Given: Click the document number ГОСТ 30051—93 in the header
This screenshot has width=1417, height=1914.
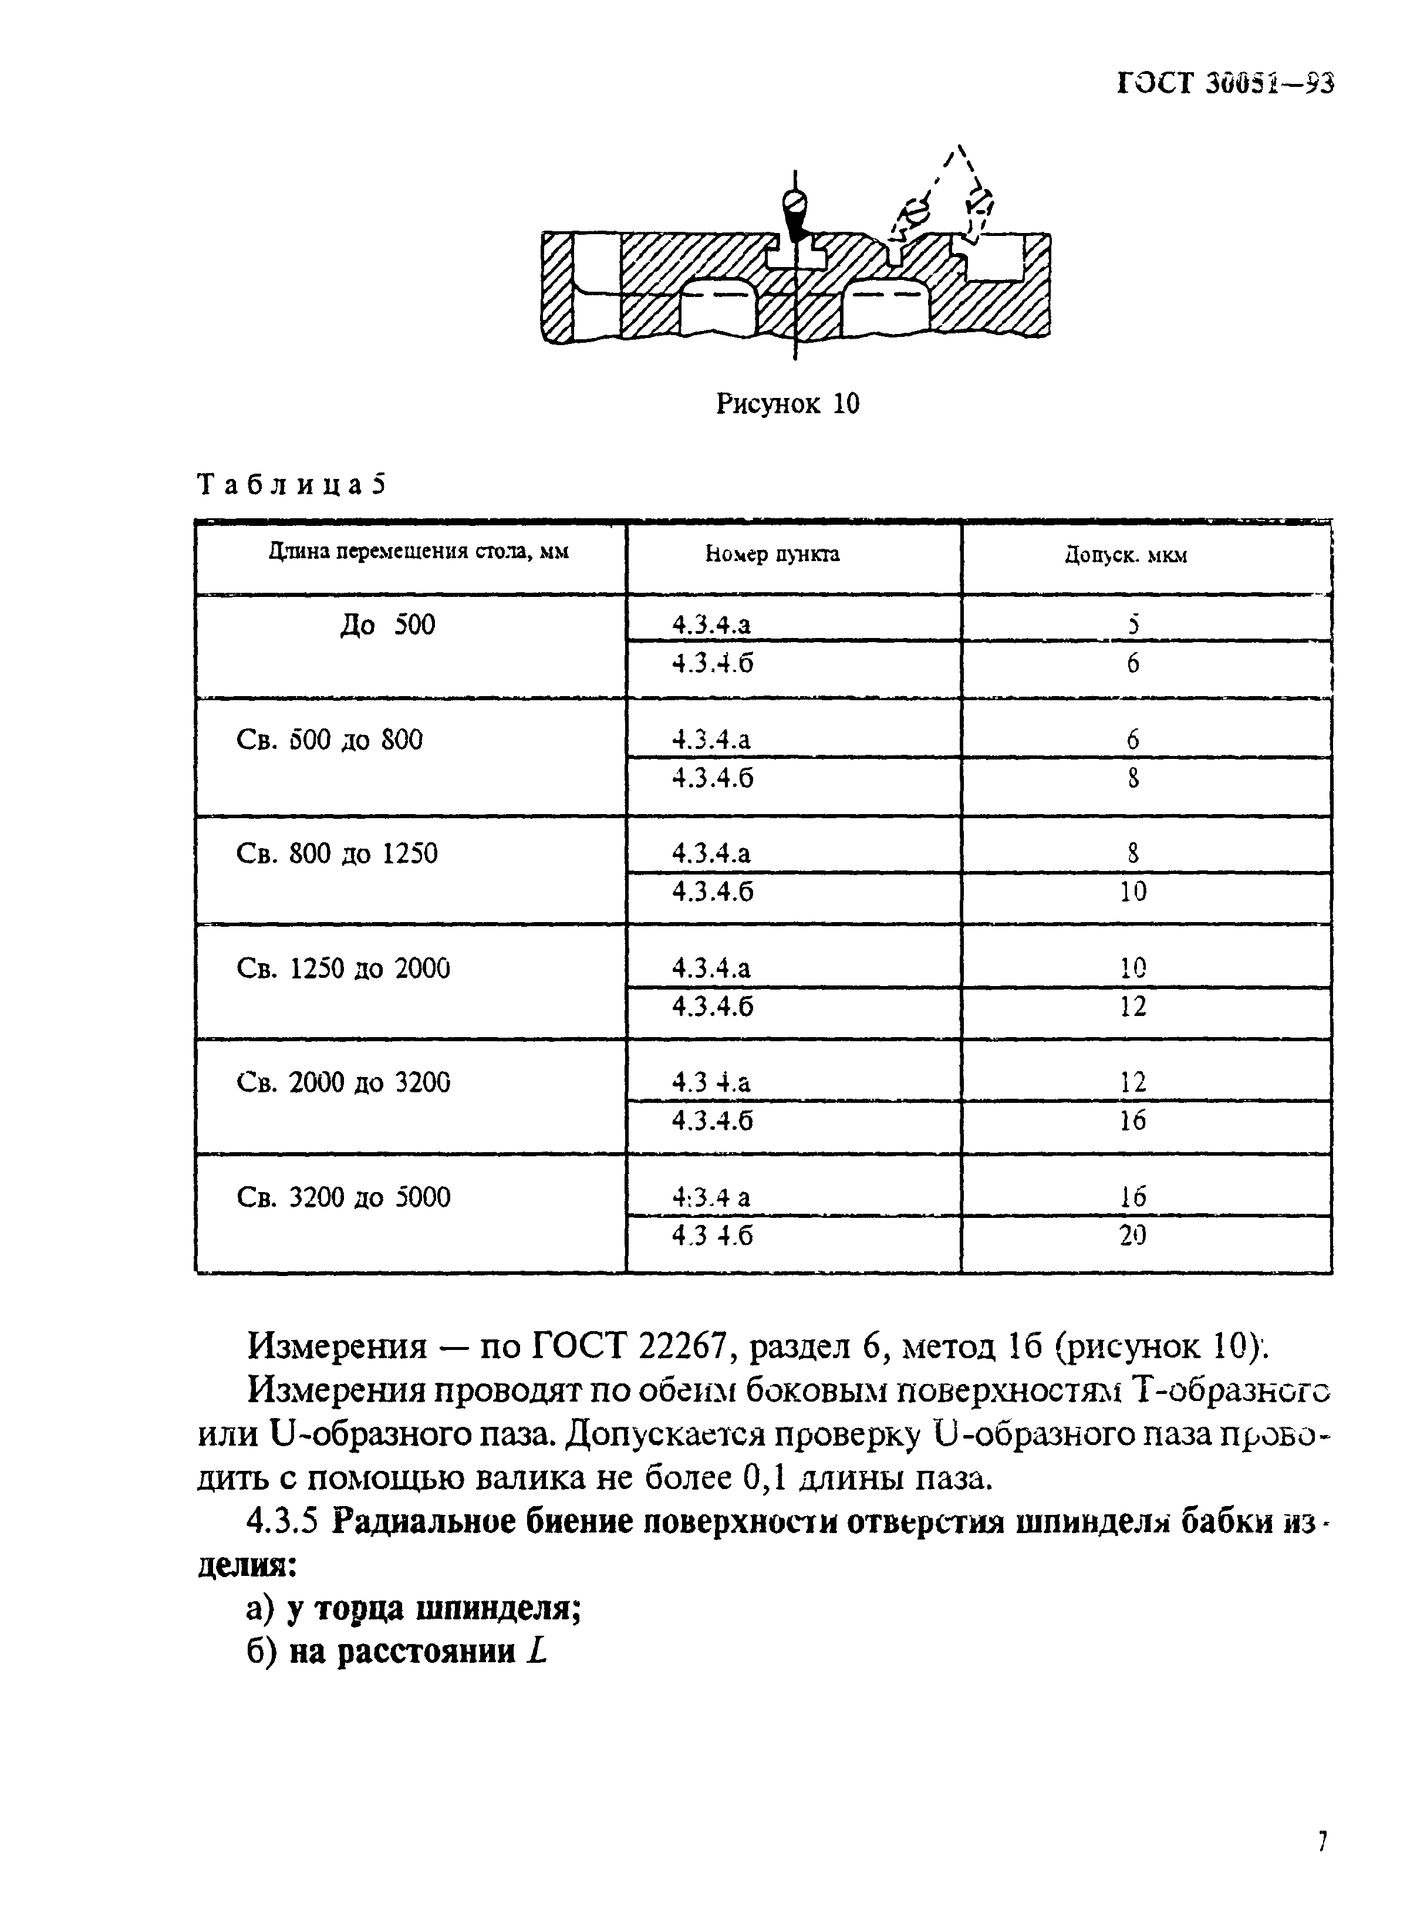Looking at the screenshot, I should coord(1226,83).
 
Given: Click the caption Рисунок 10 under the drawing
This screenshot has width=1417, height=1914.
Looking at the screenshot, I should coord(787,403).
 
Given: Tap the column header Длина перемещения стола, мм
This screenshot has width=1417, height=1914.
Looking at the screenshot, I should coord(419,551).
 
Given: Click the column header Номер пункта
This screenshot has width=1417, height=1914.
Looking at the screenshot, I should coord(772,555).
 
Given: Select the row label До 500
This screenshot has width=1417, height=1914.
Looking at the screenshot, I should coord(387,625).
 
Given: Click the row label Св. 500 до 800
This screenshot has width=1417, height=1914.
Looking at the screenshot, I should coord(329,739).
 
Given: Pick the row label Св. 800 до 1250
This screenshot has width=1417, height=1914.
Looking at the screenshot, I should coord(336,853).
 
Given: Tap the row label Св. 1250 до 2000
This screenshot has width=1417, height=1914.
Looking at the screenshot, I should coord(343,968).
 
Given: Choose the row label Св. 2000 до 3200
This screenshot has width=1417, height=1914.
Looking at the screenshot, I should coord(343,1082).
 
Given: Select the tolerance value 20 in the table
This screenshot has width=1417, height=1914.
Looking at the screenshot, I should coord(1132,1235).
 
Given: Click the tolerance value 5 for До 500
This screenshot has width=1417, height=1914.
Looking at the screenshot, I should coord(1133,625).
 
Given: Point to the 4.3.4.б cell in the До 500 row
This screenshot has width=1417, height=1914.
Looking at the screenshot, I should coord(713,663).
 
